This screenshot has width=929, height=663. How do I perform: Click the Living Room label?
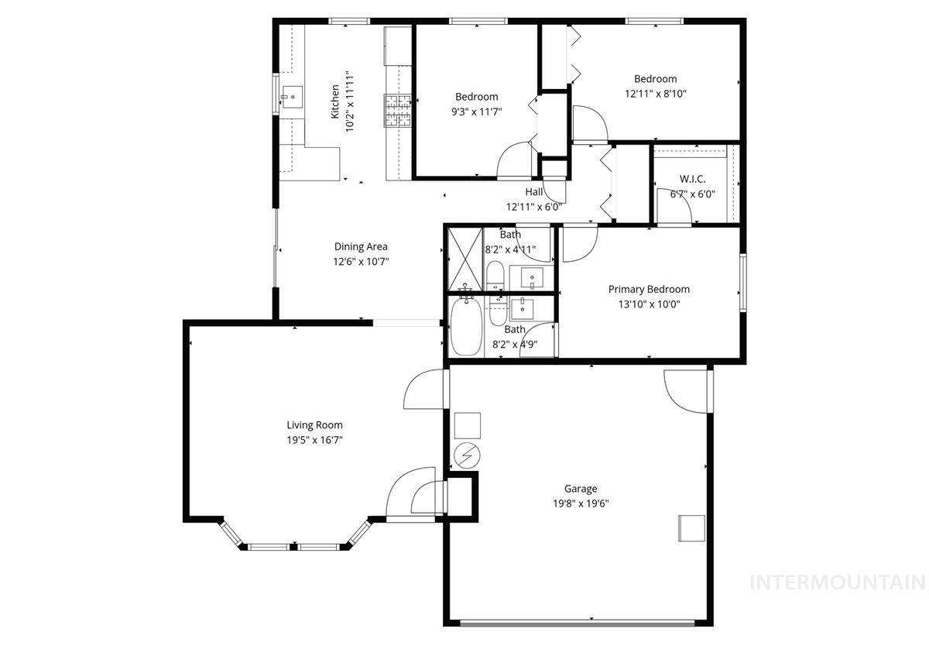click(x=314, y=424)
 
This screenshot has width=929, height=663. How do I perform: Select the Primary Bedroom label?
click(x=648, y=289)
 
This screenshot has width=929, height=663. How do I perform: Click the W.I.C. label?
click(x=692, y=180)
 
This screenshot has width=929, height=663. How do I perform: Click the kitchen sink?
click(x=293, y=98)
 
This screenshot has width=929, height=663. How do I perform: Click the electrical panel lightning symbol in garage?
click(x=466, y=457)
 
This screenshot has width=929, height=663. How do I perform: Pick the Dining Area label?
click(x=361, y=246)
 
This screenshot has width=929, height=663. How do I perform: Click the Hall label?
click(x=534, y=192)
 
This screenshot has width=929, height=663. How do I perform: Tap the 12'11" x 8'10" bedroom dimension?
click(x=655, y=93)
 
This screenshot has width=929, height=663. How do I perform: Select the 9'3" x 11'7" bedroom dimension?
click(x=476, y=112)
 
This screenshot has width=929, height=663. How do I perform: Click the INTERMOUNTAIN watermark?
click(x=838, y=582)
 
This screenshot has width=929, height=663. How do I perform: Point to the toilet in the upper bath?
click(x=495, y=274)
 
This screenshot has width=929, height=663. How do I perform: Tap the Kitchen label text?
click(x=335, y=101)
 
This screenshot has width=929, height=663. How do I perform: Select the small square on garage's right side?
click(x=691, y=527)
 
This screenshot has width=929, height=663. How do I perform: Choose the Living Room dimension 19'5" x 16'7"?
click(x=314, y=439)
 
